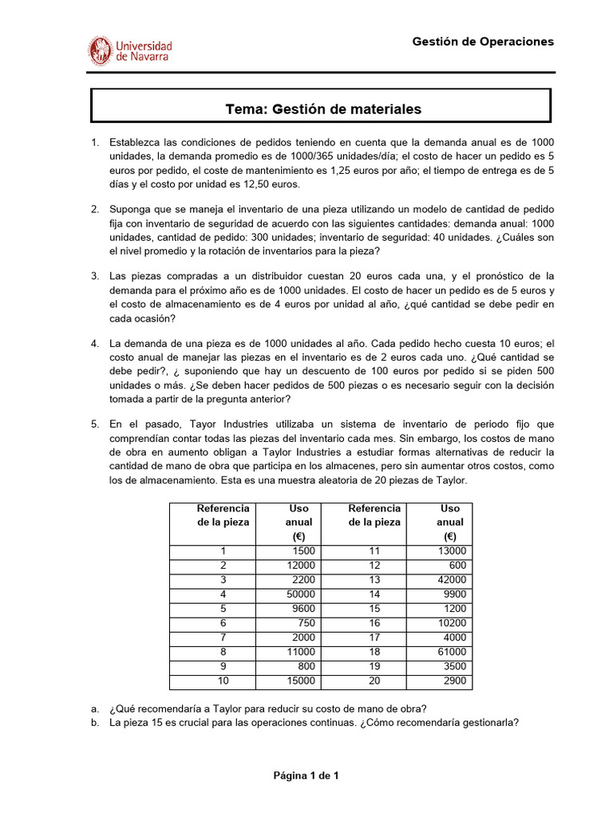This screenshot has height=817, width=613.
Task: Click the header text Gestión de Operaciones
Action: pos(482,41)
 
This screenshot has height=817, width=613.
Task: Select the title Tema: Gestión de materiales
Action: pos(322,109)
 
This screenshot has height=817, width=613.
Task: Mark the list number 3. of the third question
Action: pos(95,276)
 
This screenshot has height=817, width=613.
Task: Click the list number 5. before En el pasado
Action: pos(95,424)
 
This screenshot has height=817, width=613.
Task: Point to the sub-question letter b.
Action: pos(95,724)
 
